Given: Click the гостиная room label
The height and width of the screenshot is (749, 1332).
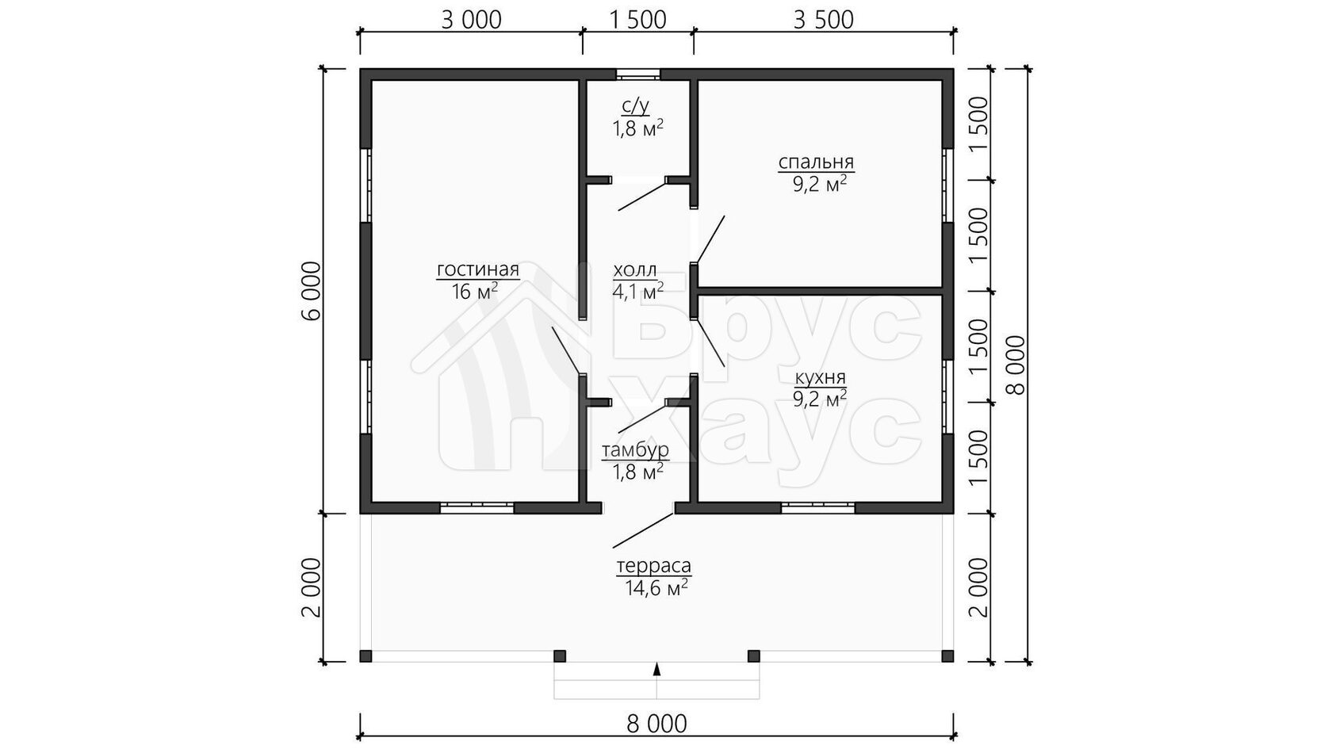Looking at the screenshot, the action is [478, 270].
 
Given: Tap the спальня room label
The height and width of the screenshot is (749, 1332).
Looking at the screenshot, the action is [816, 162].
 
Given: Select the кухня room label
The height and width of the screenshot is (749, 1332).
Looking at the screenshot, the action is [820, 378].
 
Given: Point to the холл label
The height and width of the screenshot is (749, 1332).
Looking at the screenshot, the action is [635, 270].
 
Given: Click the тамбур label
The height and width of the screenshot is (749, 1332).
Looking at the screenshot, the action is [635, 450].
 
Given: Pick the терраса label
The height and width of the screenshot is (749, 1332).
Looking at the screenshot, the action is [653, 565].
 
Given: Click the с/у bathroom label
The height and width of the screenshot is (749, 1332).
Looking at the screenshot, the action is [635, 106].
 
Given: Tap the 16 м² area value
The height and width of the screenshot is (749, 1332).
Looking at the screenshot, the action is [474, 292].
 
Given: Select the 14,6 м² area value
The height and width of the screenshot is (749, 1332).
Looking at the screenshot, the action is [656, 588].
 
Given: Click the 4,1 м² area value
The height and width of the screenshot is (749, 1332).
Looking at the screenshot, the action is [638, 292].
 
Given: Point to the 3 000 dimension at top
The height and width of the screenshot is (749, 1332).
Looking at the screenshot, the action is [471, 21].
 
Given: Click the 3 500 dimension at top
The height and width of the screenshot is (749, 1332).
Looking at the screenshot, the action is [824, 21].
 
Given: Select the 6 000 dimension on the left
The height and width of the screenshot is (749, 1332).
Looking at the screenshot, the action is [312, 292].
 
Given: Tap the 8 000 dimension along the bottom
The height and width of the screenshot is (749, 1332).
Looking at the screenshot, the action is [656, 724].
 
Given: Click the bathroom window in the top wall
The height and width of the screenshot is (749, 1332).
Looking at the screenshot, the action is [638, 75].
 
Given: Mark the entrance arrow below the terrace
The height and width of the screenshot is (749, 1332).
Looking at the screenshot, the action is [656, 669].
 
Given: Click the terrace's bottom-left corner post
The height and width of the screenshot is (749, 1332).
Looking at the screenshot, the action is [366, 656].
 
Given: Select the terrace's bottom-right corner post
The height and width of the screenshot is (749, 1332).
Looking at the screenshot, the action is [948, 656].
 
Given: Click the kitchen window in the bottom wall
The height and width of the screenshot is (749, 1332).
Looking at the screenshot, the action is [817, 508].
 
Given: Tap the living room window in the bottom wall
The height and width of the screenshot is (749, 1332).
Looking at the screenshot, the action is [477, 508].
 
